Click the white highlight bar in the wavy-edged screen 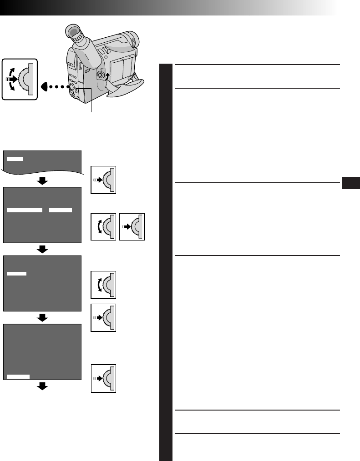click(x=15, y=158)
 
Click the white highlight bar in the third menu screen click(x=17, y=273)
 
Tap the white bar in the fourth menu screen click(x=19, y=376)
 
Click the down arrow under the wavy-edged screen click(x=42, y=181)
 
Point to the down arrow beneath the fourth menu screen click(x=42, y=386)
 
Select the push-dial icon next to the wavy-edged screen click(x=103, y=179)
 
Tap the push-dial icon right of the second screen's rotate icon click(x=132, y=226)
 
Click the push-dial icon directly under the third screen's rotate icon click(x=103, y=317)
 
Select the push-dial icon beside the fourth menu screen click(x=103, y=378)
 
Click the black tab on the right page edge click(x=351, y=183)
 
